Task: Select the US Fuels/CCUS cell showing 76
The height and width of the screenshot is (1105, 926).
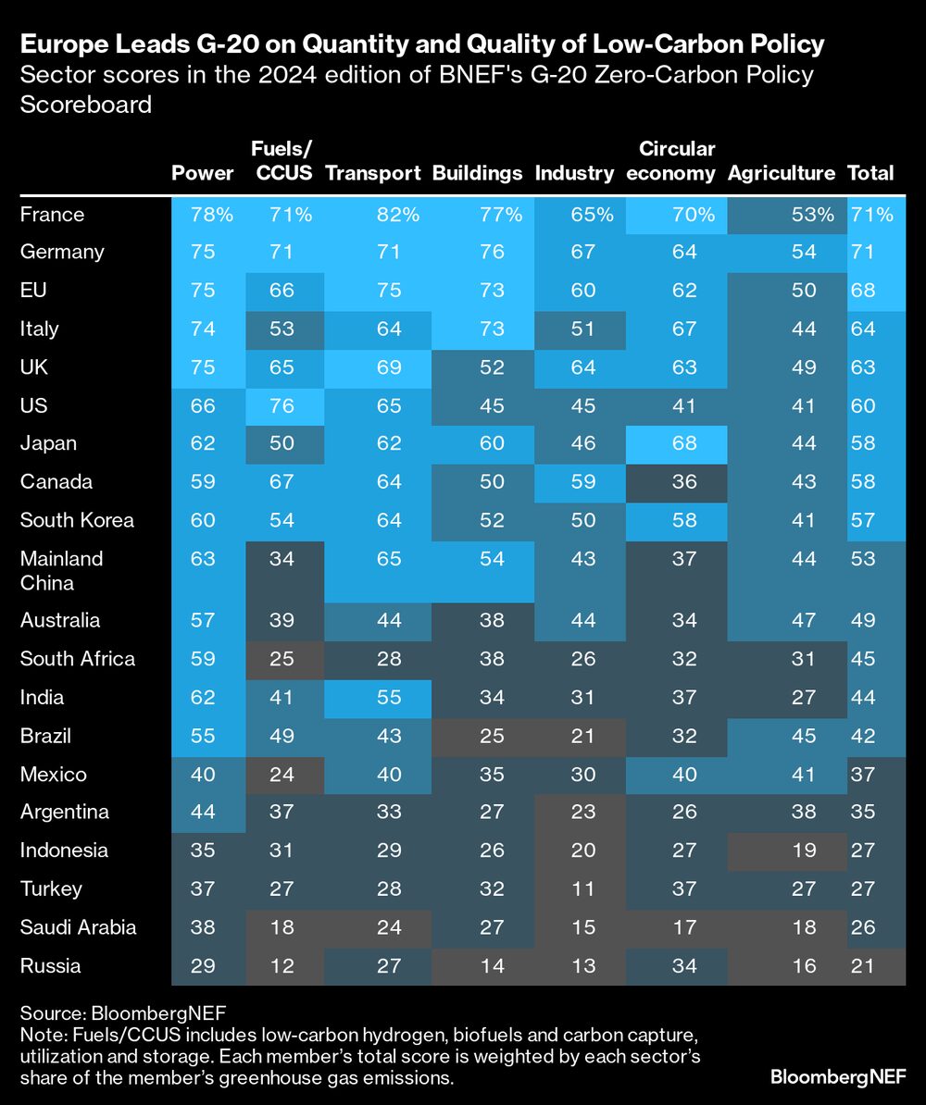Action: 282,405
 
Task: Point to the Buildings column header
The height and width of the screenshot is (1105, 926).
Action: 478,173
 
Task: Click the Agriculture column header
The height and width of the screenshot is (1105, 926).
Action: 782,173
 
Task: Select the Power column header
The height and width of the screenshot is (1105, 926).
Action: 203,173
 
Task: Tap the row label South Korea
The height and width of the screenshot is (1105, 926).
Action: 77,520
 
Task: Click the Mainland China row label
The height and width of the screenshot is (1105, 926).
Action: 62,570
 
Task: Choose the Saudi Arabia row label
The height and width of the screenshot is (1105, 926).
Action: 78,927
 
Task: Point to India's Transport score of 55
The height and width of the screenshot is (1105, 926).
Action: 389,698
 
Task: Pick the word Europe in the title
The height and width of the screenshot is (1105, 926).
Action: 64,43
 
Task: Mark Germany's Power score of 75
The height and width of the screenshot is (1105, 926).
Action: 203,253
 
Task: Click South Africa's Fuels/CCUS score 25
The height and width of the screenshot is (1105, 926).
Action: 282,659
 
